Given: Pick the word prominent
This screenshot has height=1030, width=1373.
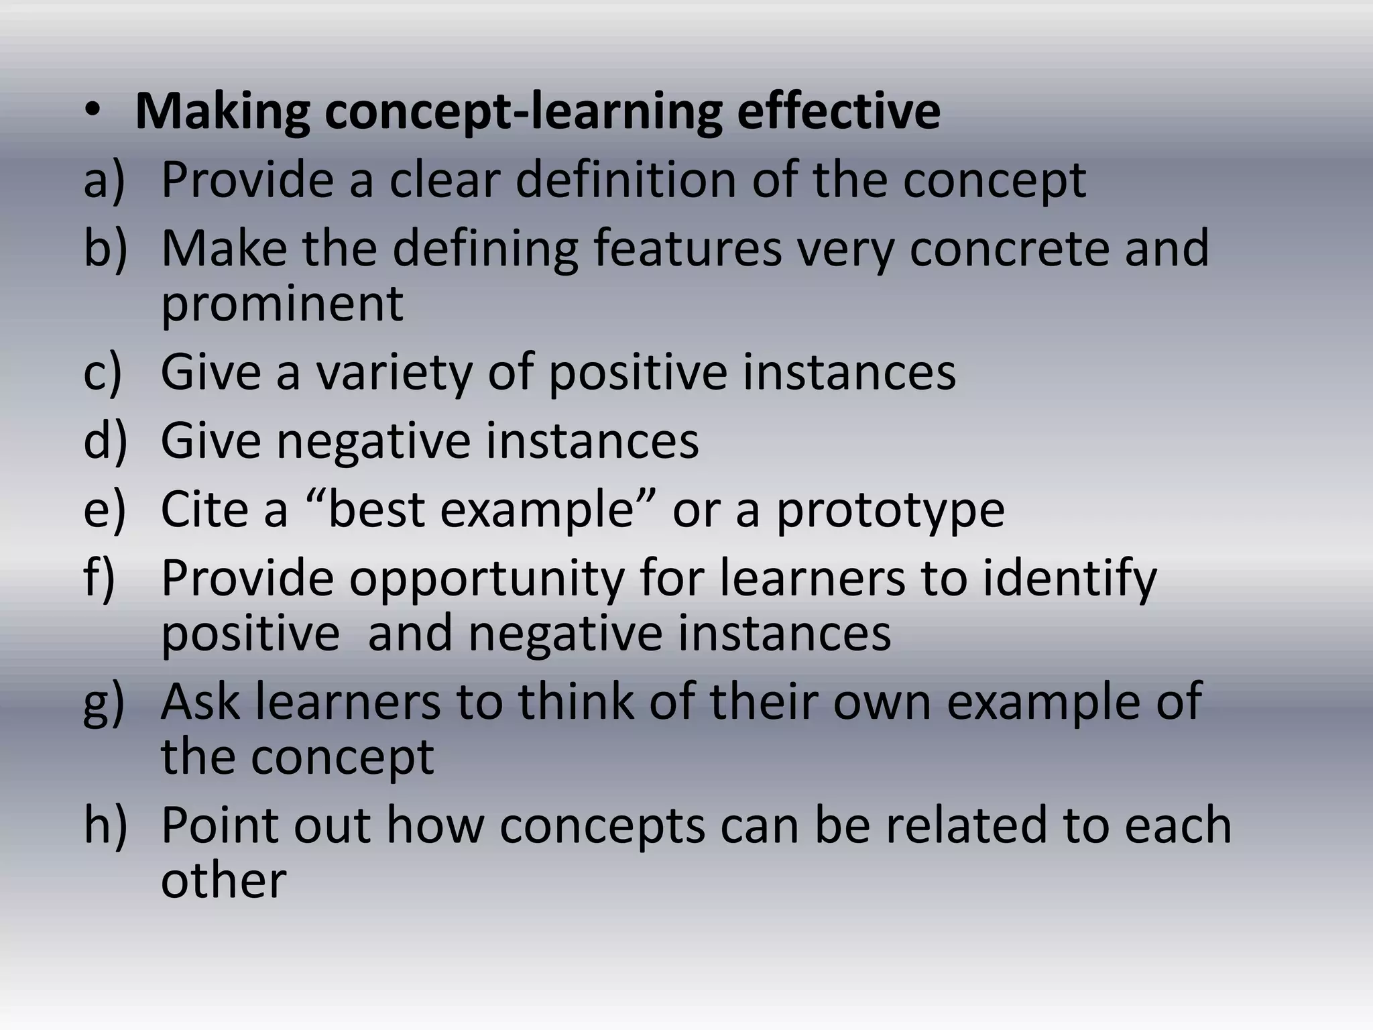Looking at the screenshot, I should [x=282, y=303].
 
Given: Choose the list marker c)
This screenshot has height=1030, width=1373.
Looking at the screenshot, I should [x=103, y=372].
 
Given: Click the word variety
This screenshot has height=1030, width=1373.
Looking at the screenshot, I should [x=394, y=374].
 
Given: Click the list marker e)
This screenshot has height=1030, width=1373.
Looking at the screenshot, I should [x=104, y=510].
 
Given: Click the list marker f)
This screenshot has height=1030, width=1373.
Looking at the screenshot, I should [x=100, y=578].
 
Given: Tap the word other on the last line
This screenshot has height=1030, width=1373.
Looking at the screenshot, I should [x=223, y=880].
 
